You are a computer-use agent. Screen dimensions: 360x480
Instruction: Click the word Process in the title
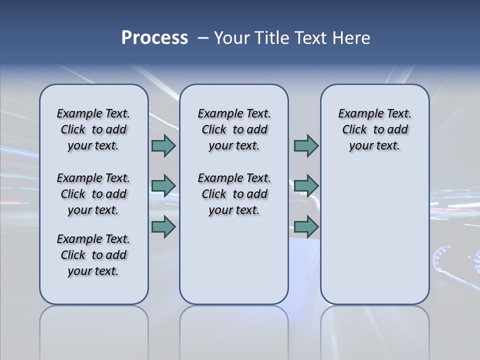154,38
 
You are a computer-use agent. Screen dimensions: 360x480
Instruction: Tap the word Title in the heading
270,38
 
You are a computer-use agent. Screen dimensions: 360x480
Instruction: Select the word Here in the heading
349,38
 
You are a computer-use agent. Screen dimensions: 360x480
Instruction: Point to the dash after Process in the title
202,38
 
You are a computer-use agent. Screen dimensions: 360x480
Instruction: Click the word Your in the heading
232,38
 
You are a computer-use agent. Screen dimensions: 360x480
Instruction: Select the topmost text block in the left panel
93,129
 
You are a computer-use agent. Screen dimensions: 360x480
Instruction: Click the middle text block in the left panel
93,194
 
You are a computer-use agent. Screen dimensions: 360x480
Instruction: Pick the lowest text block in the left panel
93,255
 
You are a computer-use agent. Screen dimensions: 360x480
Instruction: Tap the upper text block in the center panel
234,129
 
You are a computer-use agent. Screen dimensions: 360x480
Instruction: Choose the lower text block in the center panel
234,194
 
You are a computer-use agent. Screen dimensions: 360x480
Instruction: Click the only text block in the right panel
374,129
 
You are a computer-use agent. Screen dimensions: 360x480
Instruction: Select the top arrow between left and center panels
163,146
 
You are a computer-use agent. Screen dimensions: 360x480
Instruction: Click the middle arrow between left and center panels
163,186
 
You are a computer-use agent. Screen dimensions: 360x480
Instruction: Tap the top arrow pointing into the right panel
306,146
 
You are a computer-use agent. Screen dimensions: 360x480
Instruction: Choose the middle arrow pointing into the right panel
306,186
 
